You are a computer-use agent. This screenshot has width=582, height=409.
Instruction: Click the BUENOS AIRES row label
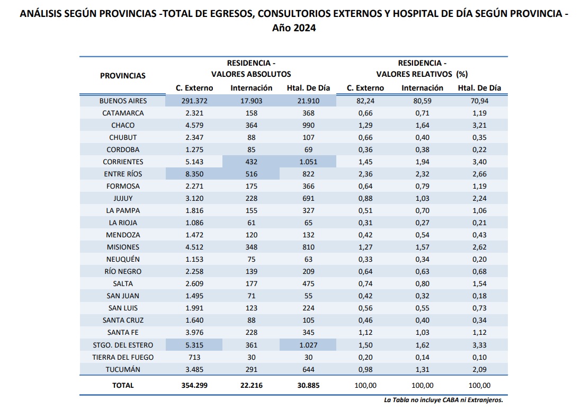click(123, 101)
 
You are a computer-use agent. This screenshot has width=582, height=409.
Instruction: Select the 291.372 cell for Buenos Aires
click(194, 101)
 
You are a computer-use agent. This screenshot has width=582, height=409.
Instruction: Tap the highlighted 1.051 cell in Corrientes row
click(308, 162)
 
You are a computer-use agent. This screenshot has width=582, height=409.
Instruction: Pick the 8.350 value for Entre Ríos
click(194, 174)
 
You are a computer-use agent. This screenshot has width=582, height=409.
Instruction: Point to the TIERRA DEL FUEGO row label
click(123, 358)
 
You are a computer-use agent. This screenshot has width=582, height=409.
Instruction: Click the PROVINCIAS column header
click(123, 76)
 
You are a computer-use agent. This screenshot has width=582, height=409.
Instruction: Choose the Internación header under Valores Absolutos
click(252, 88)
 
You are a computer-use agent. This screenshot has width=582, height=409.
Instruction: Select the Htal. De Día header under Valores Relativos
click(479, 88)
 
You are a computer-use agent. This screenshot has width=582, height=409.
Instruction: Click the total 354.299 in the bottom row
click(194, 386)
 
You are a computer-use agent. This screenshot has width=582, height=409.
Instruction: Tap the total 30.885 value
click(308, 386)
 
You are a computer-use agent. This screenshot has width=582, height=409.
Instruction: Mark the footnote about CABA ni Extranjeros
click(443, 400)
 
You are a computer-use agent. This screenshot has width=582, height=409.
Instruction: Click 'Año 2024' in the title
click(294, 28)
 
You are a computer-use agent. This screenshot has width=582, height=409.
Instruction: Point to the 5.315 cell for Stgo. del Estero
click(194, 345)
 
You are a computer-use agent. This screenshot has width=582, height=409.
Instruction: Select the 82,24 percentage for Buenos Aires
click(365, 101)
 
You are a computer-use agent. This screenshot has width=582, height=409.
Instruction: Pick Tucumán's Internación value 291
click(252, 370)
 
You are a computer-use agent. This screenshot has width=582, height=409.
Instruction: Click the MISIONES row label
click(123, 247)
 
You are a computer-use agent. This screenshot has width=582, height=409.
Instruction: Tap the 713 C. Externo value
click(194, 358)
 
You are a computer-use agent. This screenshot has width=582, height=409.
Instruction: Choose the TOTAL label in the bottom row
click(123, 386)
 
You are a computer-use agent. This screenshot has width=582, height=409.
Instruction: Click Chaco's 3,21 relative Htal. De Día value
click(479, 125)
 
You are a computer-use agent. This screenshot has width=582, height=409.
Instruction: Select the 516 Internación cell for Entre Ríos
click(252, 174)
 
